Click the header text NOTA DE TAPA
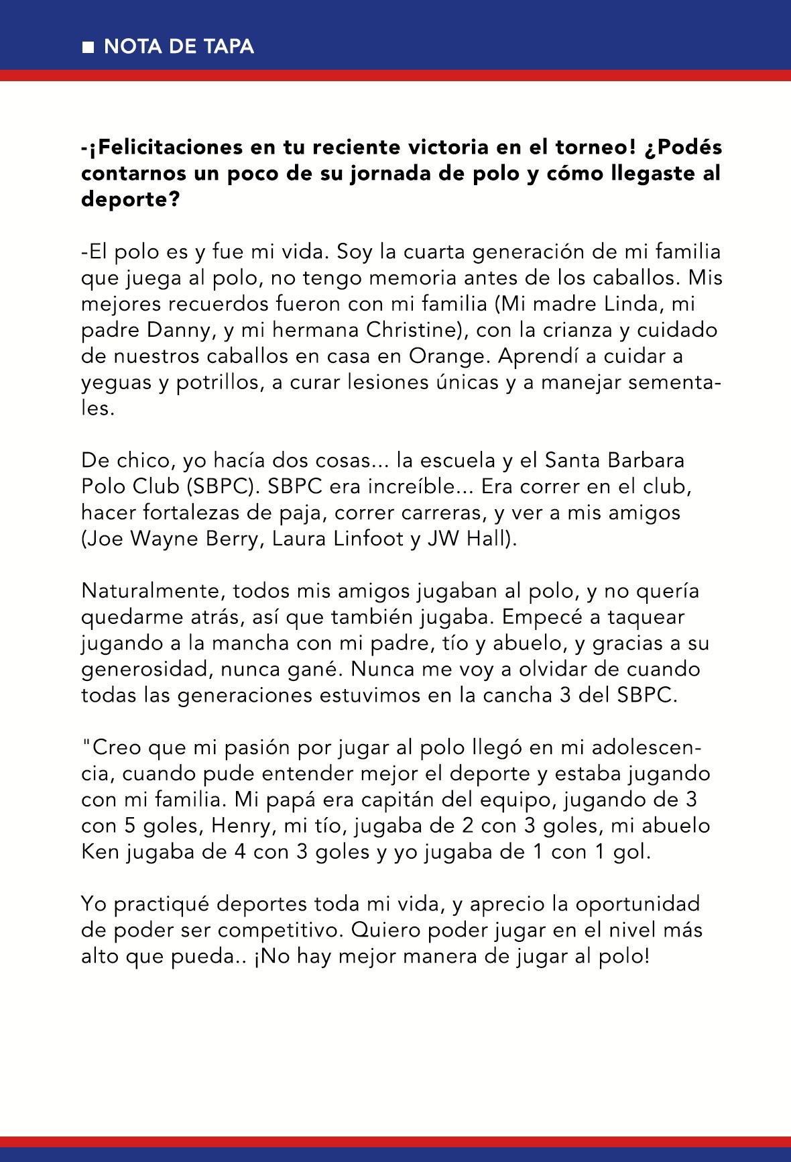coord(178,46)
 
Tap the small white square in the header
coord(88,47)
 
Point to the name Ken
coord(99,851)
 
